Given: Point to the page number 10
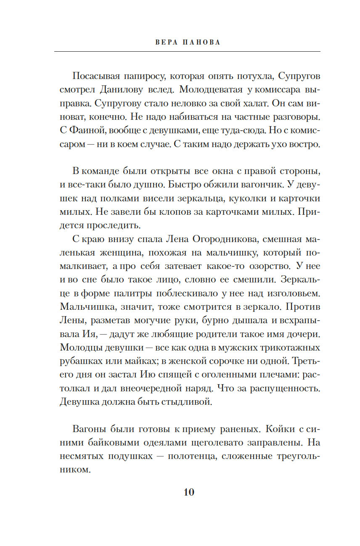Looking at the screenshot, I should pos(189,492).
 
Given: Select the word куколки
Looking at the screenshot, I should pos(236,198).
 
